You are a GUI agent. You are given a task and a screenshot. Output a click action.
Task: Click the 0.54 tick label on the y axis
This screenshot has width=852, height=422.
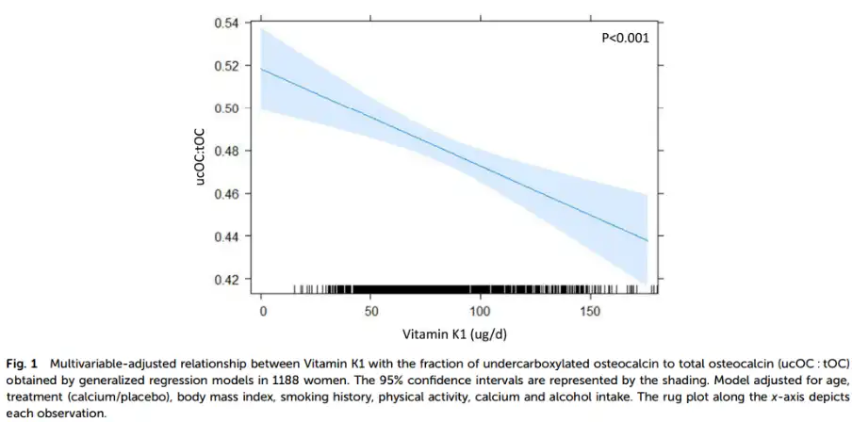pyautogui.click(x=226, y=23)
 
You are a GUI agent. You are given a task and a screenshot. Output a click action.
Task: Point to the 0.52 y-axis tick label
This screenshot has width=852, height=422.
pyautogui.click(x=226, y=66)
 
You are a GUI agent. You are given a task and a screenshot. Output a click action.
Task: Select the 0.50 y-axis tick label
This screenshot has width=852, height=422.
pyautogui.click(x=226, y=108)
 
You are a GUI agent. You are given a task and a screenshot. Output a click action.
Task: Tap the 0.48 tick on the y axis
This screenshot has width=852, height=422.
pyautogui.click(x=226, y=151)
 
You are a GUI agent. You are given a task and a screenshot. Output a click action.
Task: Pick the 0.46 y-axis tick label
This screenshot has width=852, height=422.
pyautogui.click(x=226, y=194)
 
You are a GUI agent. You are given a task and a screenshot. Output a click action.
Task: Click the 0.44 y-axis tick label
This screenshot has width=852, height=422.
pyautogui.click(x=226, y=236)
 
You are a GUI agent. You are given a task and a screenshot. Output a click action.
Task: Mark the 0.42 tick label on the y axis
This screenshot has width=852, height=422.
pyautogui.click(x=226, y=280)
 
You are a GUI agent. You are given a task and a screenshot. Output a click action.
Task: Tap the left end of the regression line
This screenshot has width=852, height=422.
pyautogui.click(x=261, y=69)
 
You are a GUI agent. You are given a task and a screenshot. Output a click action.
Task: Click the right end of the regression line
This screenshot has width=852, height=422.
pyautogui.click(x=647, y=240)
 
